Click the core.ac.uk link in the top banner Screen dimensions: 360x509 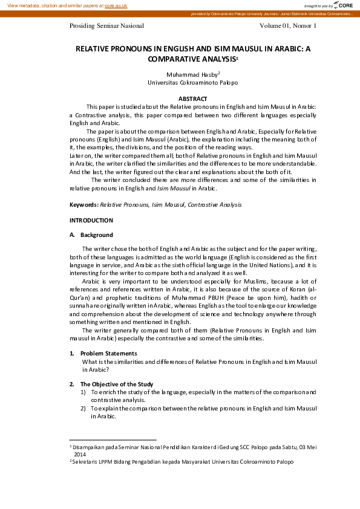(x=116, y=5)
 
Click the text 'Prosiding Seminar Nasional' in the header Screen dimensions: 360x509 (x=107, y=26)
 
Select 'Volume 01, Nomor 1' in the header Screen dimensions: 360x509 (x=288, y=26)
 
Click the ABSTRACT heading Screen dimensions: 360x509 (x=193, y=99)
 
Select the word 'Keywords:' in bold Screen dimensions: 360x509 (x=83, y=205)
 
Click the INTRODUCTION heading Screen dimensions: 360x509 (x=91, y=221)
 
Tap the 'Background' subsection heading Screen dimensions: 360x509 (x=96, y=235)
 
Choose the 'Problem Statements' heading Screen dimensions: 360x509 (x=108, y=354)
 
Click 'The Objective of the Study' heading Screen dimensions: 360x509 (x=117, y=384)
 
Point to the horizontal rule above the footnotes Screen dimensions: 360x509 (x=113, y=440)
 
